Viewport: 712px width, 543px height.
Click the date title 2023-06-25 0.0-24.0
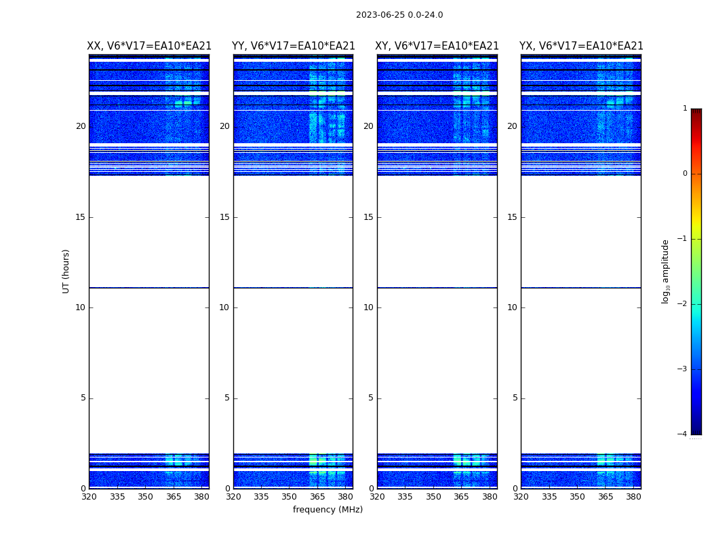[x=399, y=15]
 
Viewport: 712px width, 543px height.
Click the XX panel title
[x=149, y=46]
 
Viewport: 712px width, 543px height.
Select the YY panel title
[x=293, y=46]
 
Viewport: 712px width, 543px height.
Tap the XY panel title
[x=437, y=46]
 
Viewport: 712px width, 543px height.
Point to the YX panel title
[x=581, y=46]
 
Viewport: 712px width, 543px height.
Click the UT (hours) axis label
[x=66, y=271]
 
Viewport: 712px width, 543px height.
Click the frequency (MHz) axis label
[x=328, y=510]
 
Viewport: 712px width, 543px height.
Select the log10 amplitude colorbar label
[x=666, y=271]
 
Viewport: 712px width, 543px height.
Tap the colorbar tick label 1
[x=684, y=109]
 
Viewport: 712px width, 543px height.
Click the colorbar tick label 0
[x=684, y=174]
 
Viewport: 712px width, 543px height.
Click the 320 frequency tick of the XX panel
[x=89, y=497]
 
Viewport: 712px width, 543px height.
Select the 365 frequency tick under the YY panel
[x=317, y=497]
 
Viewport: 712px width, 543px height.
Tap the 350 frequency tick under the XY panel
[x=433, y=497]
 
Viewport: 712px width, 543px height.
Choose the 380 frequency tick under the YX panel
[x=633, y=497]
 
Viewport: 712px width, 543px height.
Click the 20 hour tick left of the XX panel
[x=81, y=126]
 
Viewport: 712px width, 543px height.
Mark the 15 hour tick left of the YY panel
[x=224, y=217]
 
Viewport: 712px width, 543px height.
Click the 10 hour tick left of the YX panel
[x=512, y=307]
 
